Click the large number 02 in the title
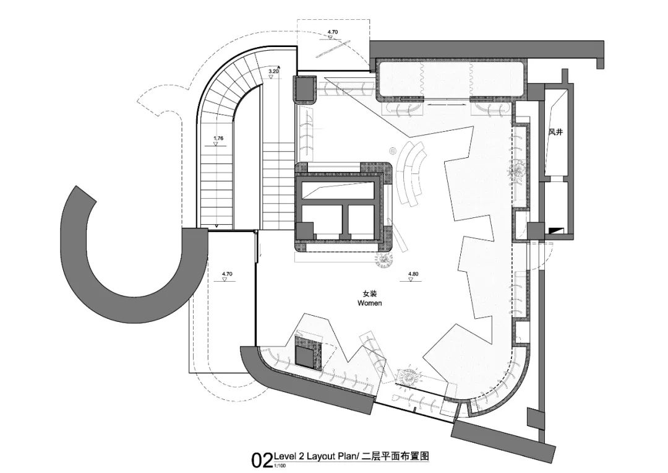pyautogui.click(x=261, y=460)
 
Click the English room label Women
pyautogui.click(x=370, y=303)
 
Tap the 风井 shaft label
pyautogui.click(x=555, y=132)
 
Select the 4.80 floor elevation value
pyautogui.click(x=413, y=273)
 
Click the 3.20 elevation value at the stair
pyautogui.click(x=273, y=72)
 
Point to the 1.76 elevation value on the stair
pyautogui.click(x=218, y=138)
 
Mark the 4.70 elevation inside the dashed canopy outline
pyautogui.click(x=333, y=32)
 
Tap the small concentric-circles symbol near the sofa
pyautogui.click(x=392, y=150)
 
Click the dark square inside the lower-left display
pyautogui.click(x=305, y=355)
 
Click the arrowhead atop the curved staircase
pyautogui.click(x=280, y=66)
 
